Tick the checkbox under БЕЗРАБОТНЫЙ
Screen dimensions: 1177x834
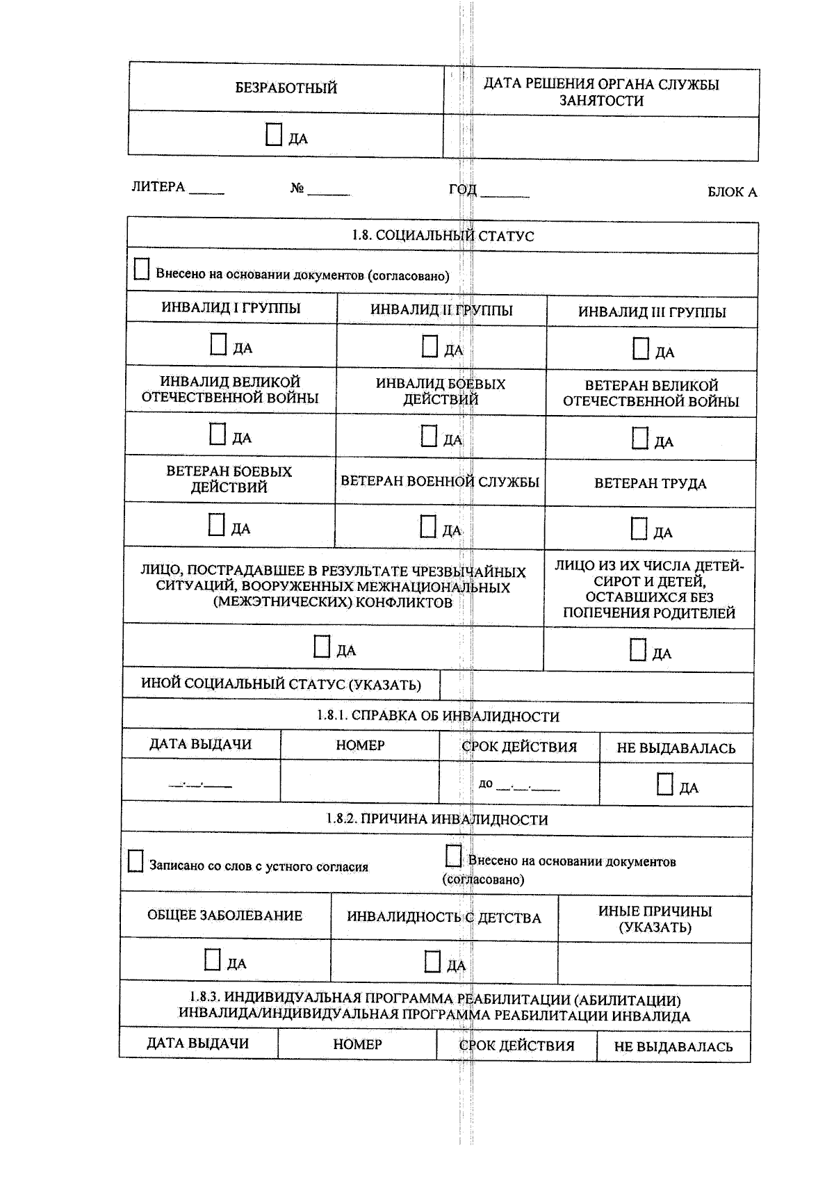(274, 135)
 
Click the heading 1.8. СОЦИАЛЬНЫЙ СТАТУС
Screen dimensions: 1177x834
(443, 236)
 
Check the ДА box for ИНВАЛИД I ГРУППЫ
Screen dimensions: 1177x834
(218, 344)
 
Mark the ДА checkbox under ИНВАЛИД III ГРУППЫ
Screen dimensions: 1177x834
(640, 348)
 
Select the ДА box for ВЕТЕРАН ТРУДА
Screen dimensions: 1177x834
(639, 529)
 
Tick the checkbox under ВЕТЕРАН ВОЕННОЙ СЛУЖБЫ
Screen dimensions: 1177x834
(428, 527)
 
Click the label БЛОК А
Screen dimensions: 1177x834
(732, 192)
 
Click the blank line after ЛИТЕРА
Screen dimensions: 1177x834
(206, 189)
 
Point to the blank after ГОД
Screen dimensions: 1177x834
(505, 193)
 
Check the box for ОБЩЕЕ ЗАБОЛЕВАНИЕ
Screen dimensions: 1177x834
(213, 960)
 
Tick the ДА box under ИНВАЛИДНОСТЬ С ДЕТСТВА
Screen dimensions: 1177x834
(432, 962)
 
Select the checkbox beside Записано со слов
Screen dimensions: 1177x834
(136, 861)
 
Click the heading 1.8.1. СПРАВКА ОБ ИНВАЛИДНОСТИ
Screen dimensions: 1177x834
(438, 716)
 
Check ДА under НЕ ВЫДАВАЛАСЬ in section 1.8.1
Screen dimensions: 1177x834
(664, 784)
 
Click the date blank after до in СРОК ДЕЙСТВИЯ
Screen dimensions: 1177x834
(528, 786)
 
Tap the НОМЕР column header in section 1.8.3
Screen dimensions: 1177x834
(357, 1044)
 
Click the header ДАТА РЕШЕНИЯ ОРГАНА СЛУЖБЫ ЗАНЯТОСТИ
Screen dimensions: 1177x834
(601, 92)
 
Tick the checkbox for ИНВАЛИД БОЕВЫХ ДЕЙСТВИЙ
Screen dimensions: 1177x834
(429, 437)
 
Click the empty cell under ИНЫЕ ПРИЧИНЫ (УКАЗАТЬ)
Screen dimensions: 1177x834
(654, 964)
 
